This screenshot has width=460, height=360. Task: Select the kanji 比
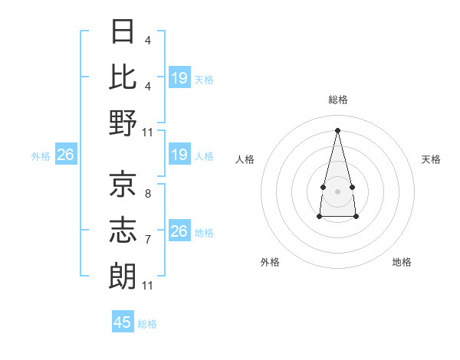point(123,77)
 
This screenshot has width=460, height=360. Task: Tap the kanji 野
point(123,123)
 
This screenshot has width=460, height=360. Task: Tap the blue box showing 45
point(123,322)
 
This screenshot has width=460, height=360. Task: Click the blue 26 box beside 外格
point(65,155)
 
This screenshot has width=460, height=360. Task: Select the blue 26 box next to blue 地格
point(179,231)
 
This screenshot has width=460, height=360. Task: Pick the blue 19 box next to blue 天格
point(179,78)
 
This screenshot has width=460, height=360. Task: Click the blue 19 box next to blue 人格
point(179,155)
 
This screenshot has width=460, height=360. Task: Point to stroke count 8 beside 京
point(147,194)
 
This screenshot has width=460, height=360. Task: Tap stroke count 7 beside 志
point(147,240)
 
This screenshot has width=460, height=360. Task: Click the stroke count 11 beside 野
point(148,133)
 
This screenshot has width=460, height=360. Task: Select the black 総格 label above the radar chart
point(338,100)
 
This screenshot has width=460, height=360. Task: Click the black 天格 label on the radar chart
point(431,159)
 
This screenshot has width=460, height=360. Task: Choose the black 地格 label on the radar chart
point(402,262)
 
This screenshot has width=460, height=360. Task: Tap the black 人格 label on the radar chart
point(245,159)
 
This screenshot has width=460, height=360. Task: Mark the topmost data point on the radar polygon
point(338,129)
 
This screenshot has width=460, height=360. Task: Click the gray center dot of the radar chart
point(337,190)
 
